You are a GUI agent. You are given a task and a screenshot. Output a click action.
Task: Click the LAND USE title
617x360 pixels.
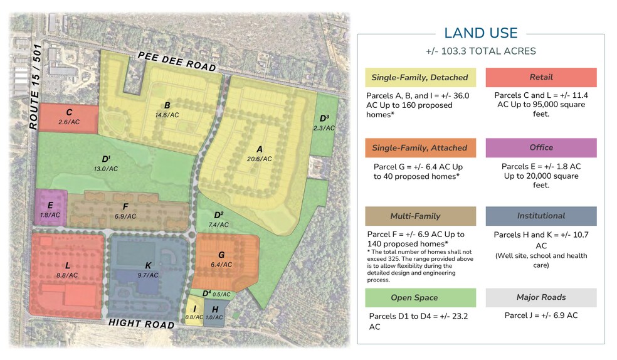tap(481, 33)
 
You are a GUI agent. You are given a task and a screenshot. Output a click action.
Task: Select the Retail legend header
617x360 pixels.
tap(541, 77)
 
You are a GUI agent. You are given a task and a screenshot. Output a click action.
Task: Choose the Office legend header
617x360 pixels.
tap(541, 147)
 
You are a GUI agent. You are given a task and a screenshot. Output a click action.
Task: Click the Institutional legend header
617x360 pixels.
tap(541, 216)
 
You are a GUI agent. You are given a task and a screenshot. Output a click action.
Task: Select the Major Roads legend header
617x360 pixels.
tap(541, 297)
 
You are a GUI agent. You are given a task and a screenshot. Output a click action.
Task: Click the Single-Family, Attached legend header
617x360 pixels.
tap(419, 148)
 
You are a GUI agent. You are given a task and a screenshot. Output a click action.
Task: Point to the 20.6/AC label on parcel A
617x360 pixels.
tap(259, 159)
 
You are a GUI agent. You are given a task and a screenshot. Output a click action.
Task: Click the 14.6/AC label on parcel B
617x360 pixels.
tap(167, 115)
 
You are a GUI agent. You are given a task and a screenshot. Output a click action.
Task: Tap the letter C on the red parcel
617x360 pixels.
tap(69, 112)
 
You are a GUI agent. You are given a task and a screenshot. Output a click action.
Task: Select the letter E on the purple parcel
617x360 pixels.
tap(50, 205)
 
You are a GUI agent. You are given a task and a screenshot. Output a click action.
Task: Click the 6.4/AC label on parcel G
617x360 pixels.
tap(221, 265)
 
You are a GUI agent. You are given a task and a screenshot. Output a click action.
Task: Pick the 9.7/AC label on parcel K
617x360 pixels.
tap(148, 275)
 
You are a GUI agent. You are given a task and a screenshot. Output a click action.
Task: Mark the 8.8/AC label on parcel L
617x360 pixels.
tap(67, 275)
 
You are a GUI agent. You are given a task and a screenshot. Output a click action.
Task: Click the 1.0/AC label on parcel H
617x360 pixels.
tap(215, 317)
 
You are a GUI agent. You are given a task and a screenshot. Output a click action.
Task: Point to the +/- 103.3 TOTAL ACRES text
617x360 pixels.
tap(481, 51)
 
